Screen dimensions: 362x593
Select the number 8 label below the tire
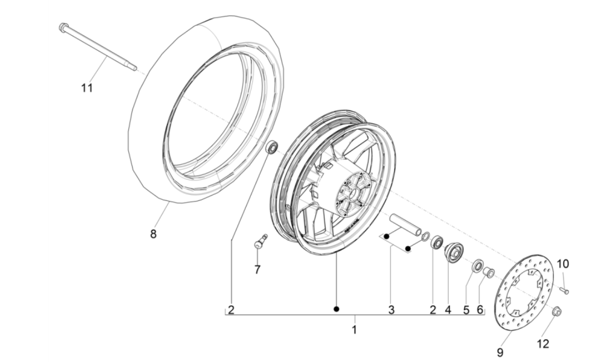153,233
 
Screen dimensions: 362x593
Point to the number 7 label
258,270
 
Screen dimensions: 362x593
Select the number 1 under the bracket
354,329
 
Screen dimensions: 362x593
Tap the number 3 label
391,310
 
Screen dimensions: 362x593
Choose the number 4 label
448,310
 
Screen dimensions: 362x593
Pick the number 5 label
466,310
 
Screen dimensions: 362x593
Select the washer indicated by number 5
476,267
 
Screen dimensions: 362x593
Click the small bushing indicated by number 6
489,271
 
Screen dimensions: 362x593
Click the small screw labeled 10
564,289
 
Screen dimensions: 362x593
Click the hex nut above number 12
557,312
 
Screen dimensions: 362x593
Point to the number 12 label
543,344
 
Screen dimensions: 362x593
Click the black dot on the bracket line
335,308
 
